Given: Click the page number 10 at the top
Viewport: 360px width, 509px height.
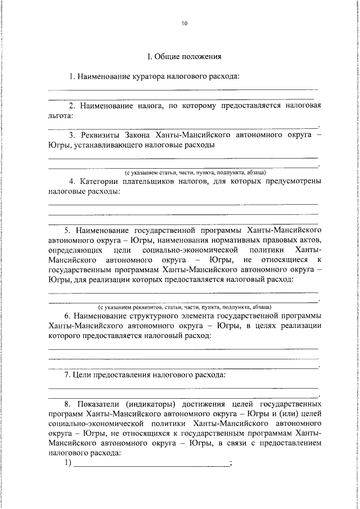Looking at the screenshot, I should tap(184, 24).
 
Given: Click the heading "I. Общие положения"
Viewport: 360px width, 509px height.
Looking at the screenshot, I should tap(184, 56).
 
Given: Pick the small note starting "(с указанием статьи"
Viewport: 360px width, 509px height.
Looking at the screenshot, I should tap(195, 172).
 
